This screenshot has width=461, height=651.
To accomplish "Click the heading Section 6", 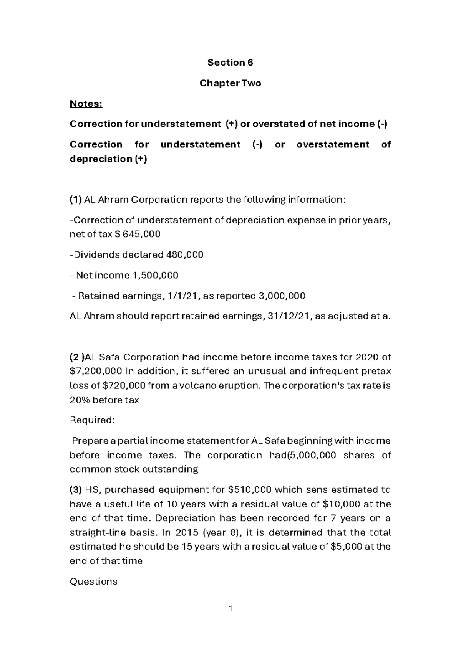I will click(230, 63).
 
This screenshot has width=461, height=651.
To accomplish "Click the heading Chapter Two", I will click(230, 83).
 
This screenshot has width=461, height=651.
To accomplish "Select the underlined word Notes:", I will click(86, 104).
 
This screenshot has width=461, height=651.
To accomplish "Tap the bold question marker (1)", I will click(76, 200).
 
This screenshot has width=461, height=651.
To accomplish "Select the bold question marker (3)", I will click(76, 490).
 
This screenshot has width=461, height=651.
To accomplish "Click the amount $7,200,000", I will click(96, 372).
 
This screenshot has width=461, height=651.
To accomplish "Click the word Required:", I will click(92, 420).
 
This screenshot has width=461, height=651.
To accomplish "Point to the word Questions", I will click(93, 582).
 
